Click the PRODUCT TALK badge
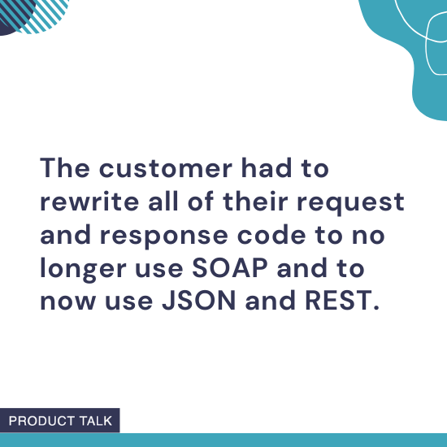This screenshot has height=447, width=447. click(60, 420)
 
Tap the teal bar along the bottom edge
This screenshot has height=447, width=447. click(284, 440)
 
